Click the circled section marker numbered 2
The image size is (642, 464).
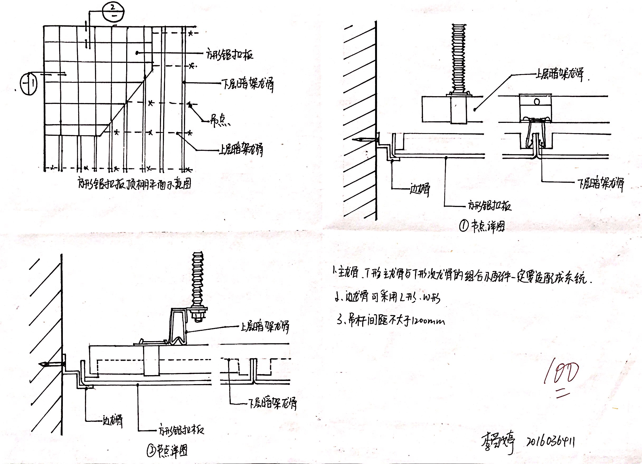pos(113,12)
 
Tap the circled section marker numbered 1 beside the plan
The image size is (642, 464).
pos(29,83)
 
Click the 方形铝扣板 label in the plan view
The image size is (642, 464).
pos(230,54)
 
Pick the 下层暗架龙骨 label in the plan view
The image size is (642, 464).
pos(248,84)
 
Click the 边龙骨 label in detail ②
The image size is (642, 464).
pos(113,421)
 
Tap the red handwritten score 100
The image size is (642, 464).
pos(561,374)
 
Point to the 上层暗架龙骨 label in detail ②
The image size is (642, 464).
pos(265,327)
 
